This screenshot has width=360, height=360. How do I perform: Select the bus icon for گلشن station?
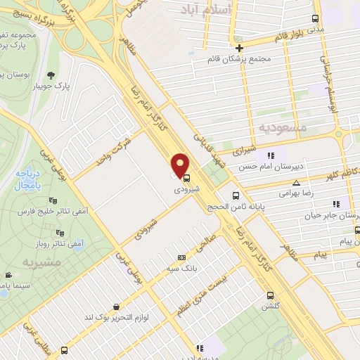pyautogui.click(x=269, y=296)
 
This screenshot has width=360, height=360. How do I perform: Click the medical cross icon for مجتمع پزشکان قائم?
pyautogui.click(x=239, y=49)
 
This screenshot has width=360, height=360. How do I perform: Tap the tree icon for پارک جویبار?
pyautogui.click(x=50, y=76)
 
